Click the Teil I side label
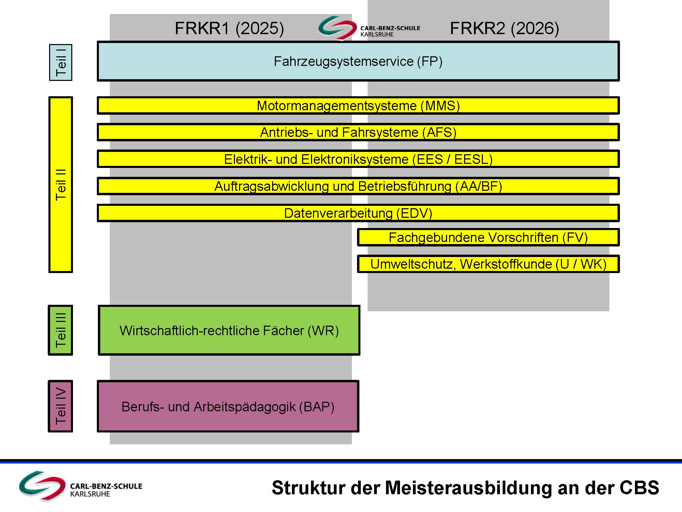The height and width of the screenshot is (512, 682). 61,62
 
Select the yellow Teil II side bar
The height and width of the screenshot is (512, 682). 61,185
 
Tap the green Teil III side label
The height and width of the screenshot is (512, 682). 60,330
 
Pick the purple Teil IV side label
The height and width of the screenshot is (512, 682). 60,406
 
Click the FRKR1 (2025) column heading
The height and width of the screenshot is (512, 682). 229,28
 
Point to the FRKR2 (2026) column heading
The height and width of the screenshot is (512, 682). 504,28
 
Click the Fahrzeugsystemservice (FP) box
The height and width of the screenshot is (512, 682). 358,61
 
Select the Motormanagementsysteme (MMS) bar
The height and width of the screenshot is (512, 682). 358,105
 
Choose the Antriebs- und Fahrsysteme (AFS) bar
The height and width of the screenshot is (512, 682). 358,132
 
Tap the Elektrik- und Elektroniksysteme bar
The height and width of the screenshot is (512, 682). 358,159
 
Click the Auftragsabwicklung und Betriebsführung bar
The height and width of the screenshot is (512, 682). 358,186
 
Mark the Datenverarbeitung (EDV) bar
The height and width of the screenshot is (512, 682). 358,213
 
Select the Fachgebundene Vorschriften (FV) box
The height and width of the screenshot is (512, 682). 488,237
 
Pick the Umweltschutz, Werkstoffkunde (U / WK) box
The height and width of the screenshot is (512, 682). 488,264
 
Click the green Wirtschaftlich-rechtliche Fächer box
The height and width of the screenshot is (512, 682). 229,330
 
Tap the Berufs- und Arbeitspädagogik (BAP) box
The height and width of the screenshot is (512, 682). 228,406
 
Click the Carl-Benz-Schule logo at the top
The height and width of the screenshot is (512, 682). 369,28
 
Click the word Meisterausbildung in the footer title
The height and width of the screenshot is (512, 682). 469,488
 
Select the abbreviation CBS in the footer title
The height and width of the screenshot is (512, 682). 639,488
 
